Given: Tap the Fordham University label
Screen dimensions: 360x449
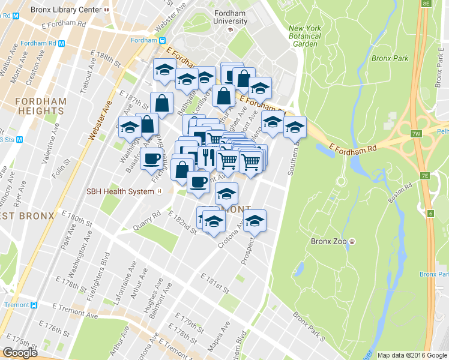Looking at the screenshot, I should coord(230,17).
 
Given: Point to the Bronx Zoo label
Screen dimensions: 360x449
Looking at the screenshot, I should coord(330,242).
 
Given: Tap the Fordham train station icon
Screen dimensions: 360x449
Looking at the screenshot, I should coord(162,40).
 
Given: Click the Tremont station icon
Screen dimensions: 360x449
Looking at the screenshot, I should coord(34,305).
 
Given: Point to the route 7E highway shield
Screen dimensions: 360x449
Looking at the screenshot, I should coord(425,175).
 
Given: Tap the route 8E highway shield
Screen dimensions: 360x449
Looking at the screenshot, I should coord(426,4).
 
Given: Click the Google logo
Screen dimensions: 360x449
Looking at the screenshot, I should coord(20,352).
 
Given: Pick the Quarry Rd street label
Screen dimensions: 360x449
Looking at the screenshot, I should coord(148,220).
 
